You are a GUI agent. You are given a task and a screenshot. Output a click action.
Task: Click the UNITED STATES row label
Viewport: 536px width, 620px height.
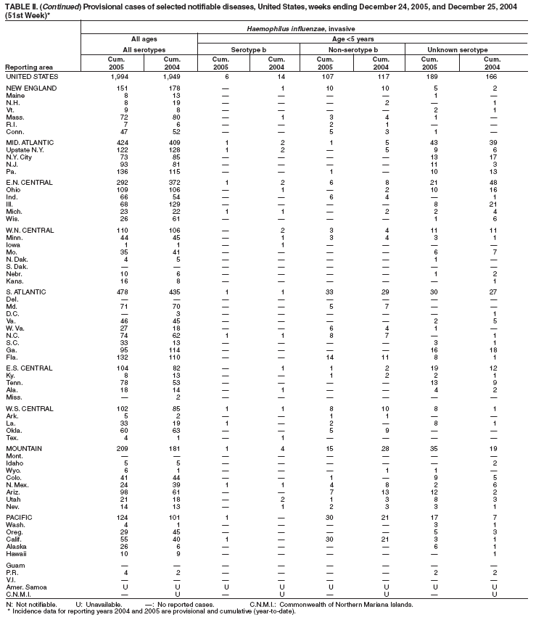[x=31, y=75]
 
